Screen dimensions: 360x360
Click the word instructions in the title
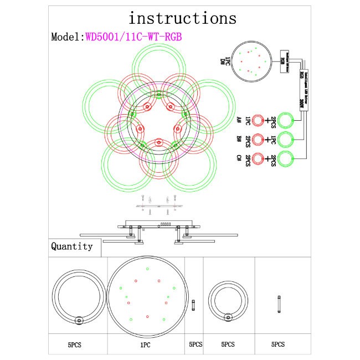182,18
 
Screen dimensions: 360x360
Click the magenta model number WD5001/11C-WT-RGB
133,37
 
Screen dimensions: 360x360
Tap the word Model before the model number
66,37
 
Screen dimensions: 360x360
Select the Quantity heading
72,246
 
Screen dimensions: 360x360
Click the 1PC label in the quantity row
145,344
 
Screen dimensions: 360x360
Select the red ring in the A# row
258,120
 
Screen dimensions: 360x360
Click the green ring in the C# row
286,159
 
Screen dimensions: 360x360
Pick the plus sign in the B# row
267,139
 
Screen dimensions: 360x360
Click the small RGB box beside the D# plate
282,61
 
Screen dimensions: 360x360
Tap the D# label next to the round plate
223,61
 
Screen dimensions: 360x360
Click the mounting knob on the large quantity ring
79,320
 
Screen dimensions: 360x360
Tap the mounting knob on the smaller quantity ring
227,317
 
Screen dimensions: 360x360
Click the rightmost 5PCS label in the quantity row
279,344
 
